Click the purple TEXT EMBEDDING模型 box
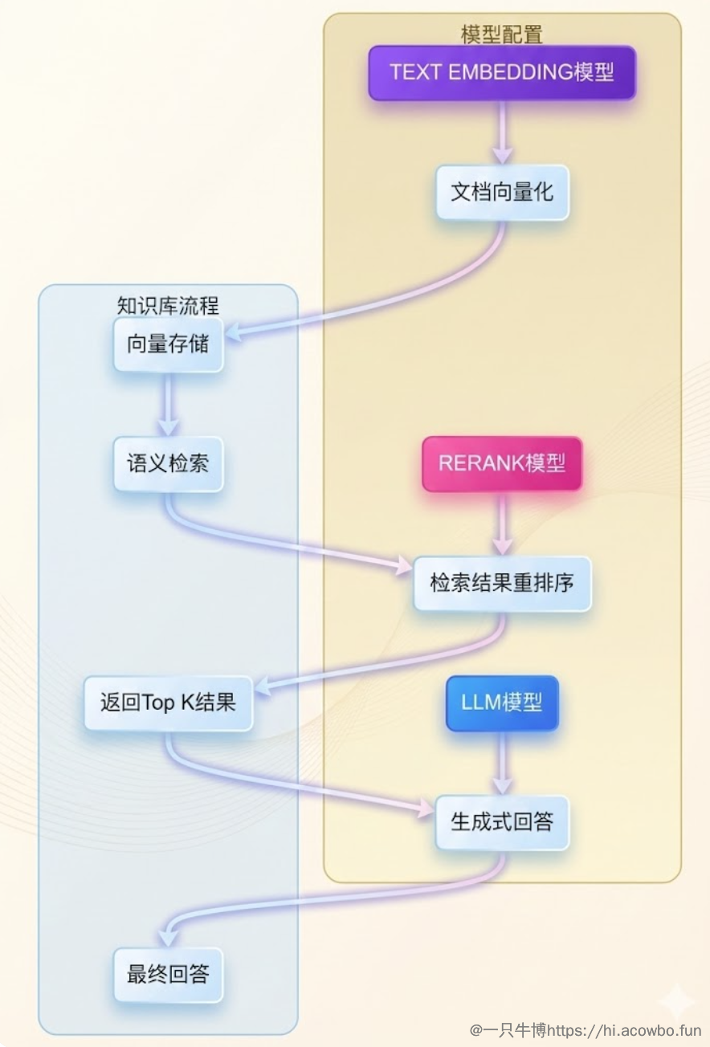coord(502,73)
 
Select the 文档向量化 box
coord(502,193)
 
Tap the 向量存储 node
coord(168,344)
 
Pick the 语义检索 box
coord(168,464)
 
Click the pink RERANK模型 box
coord(502,464)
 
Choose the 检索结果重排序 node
coord(502,584)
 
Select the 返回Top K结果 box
coord(168,703)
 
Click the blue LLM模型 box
coord(502,703)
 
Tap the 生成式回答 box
coord(502,823)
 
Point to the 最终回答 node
coord(168,975)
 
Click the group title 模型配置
coord(502,35)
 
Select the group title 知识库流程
coord(168,306)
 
